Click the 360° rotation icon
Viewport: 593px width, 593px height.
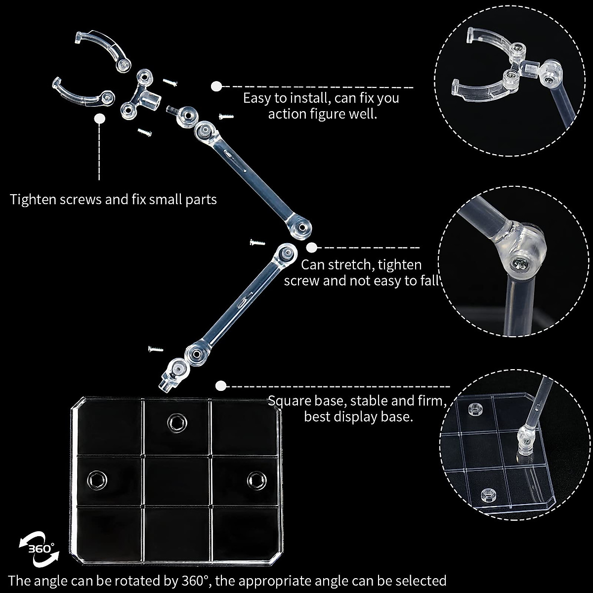pyautogui.click(x=39, y=550)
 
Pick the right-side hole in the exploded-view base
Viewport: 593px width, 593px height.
pyautogui.click(x=256, y=478)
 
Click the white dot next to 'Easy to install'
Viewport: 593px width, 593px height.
pyautogui.click(x=216, y=86)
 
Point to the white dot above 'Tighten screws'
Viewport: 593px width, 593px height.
pyautogui.click(x=100, y=119)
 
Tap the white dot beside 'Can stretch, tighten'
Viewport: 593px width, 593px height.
pyautogui.click(x=311, y=248)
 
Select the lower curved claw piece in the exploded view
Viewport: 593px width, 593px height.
pyautogui.click(x=82, y=93)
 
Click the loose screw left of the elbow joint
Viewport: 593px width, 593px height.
pyautogui.click(x=257, y=242)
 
